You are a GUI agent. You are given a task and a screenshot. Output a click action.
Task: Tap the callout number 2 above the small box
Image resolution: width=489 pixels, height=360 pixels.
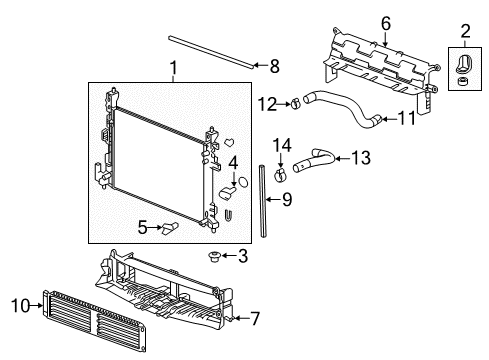coord(465,29)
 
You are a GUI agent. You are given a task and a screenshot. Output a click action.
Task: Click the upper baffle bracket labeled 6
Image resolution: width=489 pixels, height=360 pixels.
coord(380,65)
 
